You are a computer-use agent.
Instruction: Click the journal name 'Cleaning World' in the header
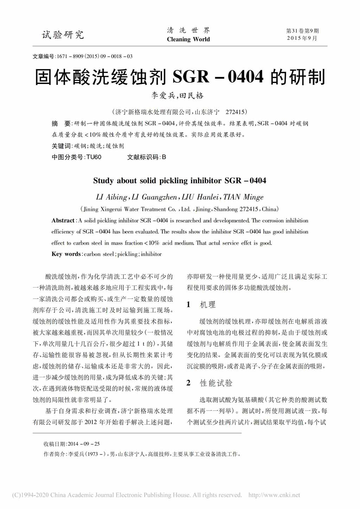[x=188, y=39]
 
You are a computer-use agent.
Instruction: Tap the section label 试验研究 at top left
[x=63, y=35]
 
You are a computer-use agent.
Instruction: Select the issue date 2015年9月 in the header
[x=302, y=38]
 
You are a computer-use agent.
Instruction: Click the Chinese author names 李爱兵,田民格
[x=178, y=96]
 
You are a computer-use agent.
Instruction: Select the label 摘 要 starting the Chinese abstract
[x=61, y=123]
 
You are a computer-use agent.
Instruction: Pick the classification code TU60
[x=94, y=157]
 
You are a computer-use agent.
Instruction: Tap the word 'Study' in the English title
[x=103, y=181]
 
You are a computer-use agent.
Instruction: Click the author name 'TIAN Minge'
[x=243, y=197]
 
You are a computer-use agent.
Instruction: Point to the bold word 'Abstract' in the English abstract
[x=63, y=220]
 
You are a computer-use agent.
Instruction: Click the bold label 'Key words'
[x=66, y=254]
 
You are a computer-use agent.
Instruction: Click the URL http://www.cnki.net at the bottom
[x=274, y=495]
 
